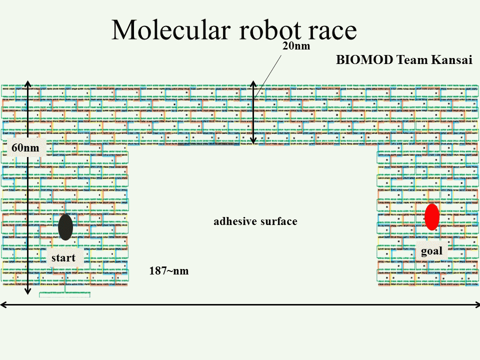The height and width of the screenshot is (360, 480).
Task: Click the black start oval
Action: click(x=65, y=227)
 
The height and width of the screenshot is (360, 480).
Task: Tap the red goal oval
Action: click(x=432, y=217)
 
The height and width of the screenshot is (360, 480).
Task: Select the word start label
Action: click(x=63, y=258)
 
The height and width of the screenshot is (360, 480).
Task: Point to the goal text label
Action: click(x=431, y=251)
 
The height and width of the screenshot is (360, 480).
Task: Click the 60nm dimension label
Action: click(x=25, y=148)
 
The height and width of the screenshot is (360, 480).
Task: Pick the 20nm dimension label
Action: click(x=296, y=46)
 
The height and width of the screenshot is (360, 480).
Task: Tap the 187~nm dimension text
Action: click(x=168, y=271)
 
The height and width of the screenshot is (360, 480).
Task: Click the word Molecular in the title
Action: click(x=171, y=29)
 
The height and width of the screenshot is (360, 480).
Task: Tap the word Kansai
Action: click(x=452, y=59)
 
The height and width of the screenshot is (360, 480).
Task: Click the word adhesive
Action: click(x=233, y=221)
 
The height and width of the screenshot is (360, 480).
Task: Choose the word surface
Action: click(x=278, y=221)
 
